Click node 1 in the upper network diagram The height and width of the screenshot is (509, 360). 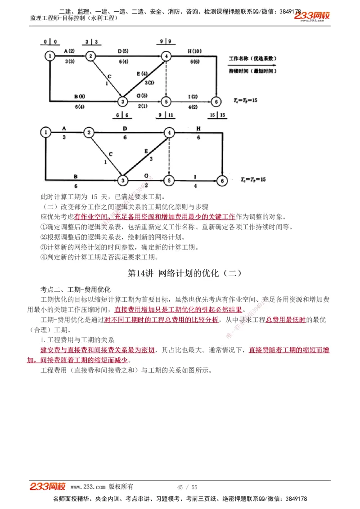pyautogui.click(x=50, y=56)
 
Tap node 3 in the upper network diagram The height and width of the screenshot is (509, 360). pyautogui.click(x=122, y=102)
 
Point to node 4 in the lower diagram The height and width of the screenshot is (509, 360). pyautogui.click(x=169, y=133)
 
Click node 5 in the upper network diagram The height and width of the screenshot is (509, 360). pyautogui.click(x=166, y=102)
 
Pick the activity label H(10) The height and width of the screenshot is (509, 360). pyautogui.click(x=194, y=51)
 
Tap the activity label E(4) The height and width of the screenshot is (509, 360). pyautogui.click(x=141, y=73)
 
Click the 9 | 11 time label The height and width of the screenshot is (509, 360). pyautogui.click(x=165, y=116)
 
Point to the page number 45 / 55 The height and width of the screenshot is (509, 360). pyautogui.click(x=187, y=487)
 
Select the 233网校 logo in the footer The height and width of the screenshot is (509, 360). pyautogui.click(x=48, y=487)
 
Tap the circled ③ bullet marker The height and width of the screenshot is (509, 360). pyautogui.click(x=44, y=247)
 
